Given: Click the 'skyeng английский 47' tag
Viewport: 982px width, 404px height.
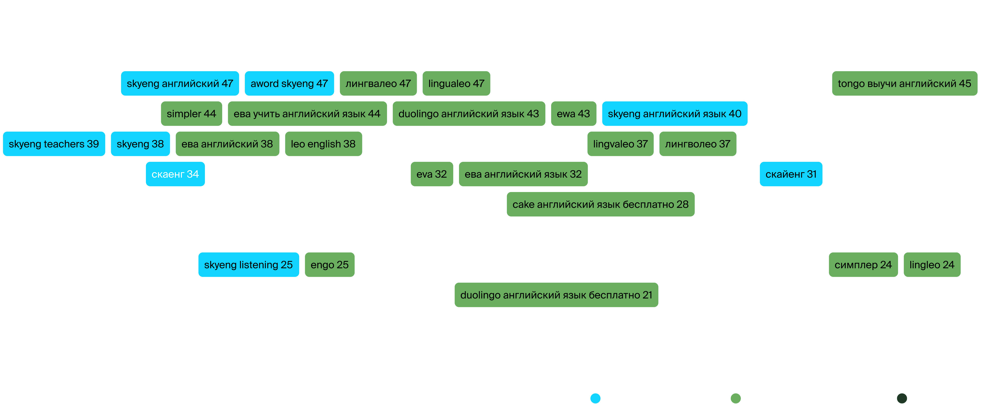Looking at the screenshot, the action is point(180,83).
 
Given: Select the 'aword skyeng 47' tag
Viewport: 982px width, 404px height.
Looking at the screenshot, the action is point(289,83).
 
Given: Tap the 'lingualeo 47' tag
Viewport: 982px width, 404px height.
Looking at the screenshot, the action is point(456,83).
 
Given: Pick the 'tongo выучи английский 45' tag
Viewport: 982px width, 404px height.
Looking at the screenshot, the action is point(905,83).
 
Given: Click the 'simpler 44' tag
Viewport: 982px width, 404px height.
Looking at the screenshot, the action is point(191,114).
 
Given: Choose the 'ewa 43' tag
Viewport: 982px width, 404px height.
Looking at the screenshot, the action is point(574,114).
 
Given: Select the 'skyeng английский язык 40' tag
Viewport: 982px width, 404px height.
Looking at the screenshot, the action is point(675,114).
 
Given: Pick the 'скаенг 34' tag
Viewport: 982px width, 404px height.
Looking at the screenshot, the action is point(175,174).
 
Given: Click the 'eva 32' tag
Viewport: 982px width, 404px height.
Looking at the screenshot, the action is point(432,174).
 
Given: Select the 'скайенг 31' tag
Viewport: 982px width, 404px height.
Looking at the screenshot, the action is point(791,174).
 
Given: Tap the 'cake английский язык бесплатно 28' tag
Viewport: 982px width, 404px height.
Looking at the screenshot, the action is point(601,204).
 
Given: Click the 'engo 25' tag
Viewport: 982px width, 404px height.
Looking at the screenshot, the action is point(330,264).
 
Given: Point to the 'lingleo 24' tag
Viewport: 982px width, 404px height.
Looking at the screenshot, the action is point(932,264).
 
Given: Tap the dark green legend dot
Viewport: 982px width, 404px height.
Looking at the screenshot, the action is point(902,398).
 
